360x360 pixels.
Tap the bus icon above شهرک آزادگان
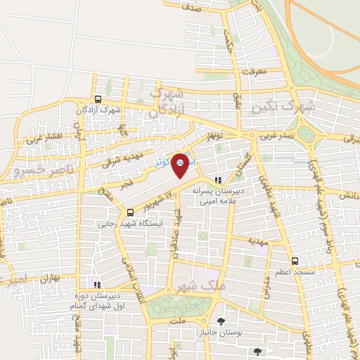[x=98, y=99]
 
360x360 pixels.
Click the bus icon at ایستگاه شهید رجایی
[x=130, y=212]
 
